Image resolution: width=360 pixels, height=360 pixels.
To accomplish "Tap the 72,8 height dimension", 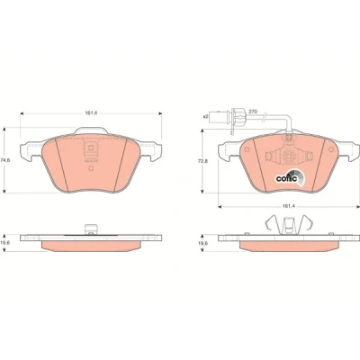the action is pos(204,160).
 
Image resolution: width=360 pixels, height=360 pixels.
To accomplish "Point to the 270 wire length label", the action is pos(253,112).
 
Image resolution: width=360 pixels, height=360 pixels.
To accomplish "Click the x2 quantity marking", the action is pos(205,116).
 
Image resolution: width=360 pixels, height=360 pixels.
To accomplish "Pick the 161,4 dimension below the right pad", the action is pos(287,206).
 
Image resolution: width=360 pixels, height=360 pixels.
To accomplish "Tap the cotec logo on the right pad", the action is pos(290,177).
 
